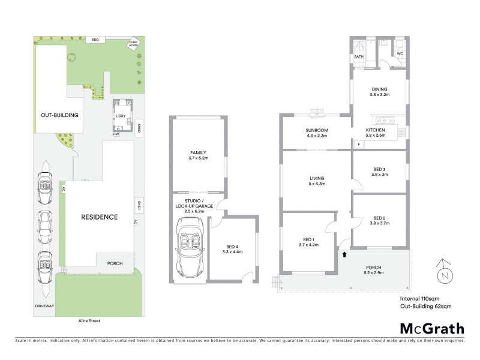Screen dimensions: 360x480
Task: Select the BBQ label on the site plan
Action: tap(95, 40)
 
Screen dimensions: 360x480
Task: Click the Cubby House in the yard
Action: tap(135, 44)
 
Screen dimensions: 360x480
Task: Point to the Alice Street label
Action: tap(88, 321)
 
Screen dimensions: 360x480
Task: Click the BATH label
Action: tap(359, 57)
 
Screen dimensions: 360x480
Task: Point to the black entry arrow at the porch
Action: tap(344, 254)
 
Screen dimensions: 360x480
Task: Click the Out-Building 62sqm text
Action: tap(425, 306)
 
